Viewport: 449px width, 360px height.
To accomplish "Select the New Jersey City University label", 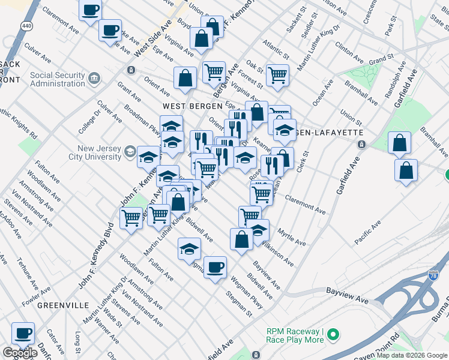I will click(99, 153).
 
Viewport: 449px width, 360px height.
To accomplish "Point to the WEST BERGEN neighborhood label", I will click(188, 106).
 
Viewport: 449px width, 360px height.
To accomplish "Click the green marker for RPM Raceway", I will click(336, 332).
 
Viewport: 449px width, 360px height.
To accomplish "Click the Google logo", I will click(20, 353).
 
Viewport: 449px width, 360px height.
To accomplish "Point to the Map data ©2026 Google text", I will click(411, 355).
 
